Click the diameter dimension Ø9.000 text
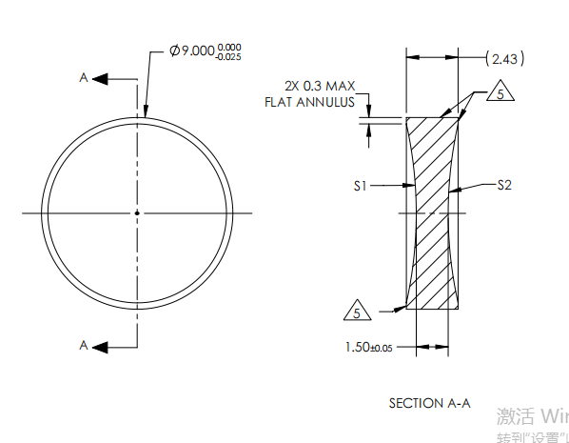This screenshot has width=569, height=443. (191, 50)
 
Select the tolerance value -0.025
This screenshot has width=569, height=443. (228, 56)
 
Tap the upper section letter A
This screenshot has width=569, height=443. (84, 78)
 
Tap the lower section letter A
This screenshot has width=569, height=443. (84, 346)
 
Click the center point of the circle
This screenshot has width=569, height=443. (137, 212)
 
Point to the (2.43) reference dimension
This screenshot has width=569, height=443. (503, 59)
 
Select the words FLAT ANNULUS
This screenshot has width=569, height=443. (309, 101)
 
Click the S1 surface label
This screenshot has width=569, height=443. (360, 187)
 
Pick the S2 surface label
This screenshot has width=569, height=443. (504, 186)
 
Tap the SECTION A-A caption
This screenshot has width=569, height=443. (429, 403)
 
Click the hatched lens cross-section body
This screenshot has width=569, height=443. (433, 212)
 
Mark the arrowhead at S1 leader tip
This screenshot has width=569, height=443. (411, 187)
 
